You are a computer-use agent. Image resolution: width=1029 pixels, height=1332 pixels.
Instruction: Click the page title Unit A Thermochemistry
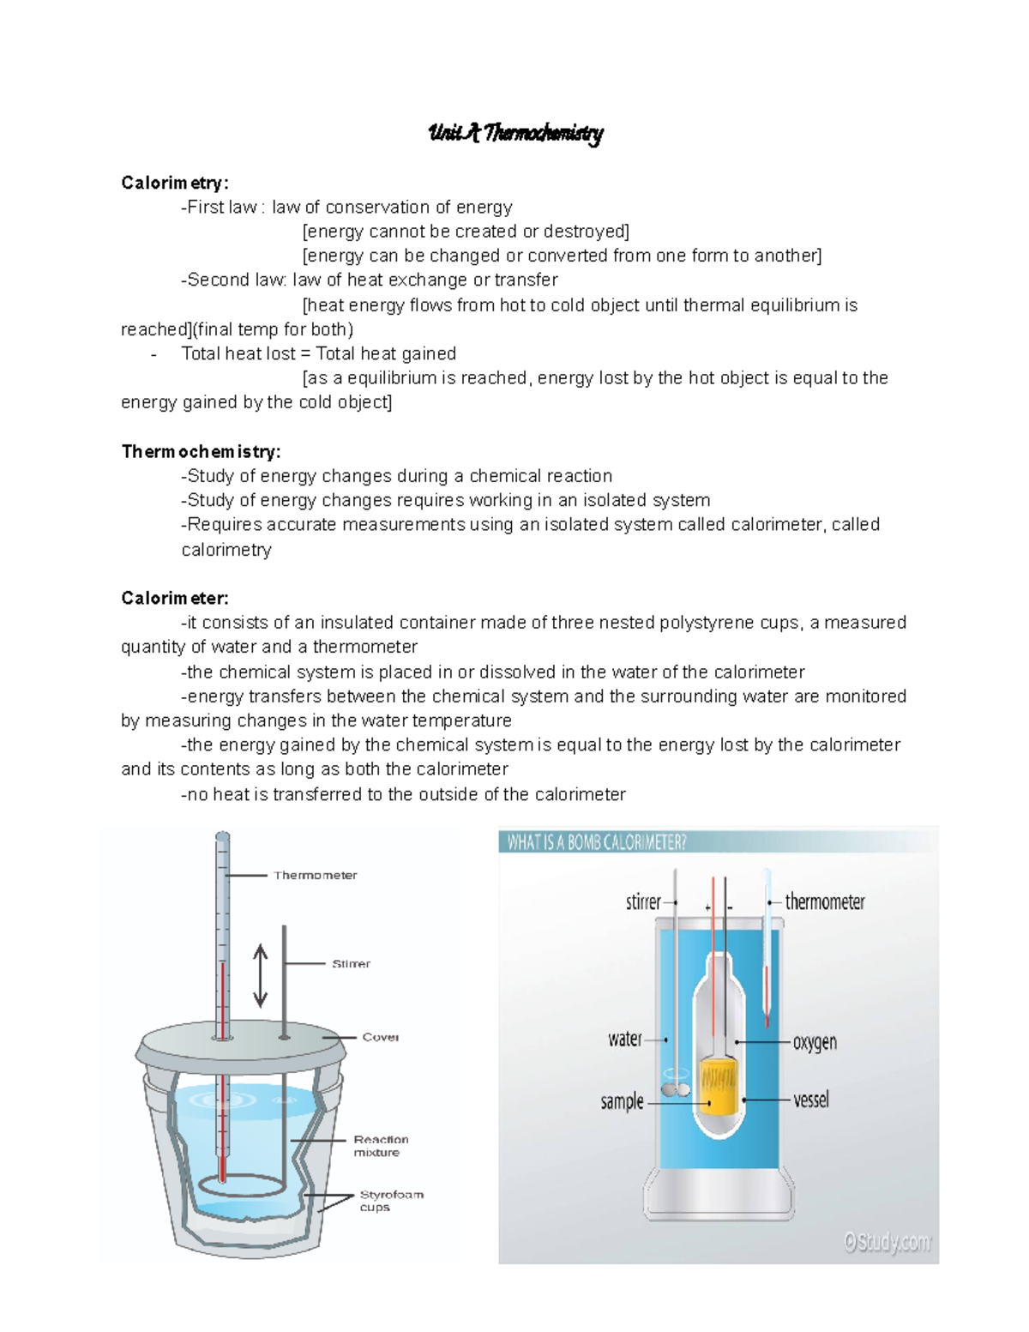click(x=515, y=133)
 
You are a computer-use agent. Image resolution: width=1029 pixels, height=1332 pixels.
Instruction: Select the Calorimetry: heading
click(x=175, y=183)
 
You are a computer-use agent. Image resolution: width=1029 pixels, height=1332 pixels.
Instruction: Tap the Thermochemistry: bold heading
click(x=201, y=451)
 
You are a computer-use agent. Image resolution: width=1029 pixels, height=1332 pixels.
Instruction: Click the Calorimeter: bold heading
click(x=175, y=598)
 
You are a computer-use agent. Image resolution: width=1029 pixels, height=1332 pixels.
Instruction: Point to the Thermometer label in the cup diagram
click(x=315, y=875)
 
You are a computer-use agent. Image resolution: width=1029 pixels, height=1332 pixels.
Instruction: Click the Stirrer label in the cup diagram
click(x=351, y=964)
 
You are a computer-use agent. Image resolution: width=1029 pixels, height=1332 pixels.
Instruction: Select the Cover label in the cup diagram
click(x=380, y=1037)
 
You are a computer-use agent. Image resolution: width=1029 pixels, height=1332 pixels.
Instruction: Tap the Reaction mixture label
click(x=380, y=1146)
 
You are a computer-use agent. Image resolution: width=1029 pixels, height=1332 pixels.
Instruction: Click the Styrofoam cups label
click(x=390, y=1200)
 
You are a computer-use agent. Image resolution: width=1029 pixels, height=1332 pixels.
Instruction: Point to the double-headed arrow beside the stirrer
click(x=261, y=976)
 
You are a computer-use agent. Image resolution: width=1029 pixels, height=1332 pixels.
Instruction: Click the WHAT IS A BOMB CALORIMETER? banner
click(x=597, y=842)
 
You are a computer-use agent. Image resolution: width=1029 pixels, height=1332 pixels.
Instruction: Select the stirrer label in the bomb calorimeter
click(x=643, y=902)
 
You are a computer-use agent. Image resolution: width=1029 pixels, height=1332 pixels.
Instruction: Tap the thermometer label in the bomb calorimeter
click(x=824, y=902)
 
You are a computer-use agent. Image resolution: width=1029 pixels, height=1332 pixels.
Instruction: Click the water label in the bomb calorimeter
click(x=624, y=1039)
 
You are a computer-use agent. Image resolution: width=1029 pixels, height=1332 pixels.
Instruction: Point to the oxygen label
click(x=814, y=1042)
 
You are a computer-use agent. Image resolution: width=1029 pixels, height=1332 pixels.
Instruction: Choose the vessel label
click(x=810, y=1100)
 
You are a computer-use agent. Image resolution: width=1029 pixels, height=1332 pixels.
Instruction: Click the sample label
click(x=622, y=1101)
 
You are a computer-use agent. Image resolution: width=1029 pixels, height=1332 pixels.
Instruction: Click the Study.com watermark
click(x=887, y=1241)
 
